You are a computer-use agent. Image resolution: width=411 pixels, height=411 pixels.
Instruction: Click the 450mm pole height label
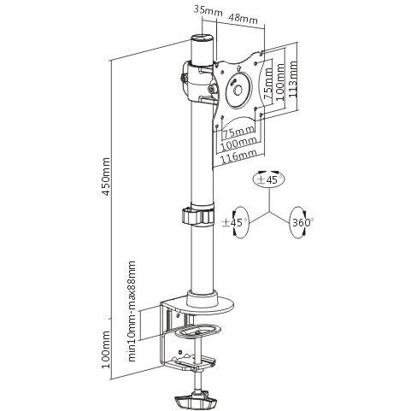(x=106, y=176)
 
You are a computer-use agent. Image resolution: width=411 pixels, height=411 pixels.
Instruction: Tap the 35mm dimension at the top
(x=205, y=10)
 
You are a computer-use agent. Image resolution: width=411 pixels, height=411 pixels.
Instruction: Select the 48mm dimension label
(x=243, y=19)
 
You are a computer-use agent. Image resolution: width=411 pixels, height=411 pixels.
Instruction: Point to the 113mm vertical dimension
(x=293, y=79)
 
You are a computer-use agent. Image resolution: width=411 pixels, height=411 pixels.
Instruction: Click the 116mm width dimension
(x=238, y=156)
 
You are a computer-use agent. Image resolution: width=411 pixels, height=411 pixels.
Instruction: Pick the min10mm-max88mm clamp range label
(x=132, y=311)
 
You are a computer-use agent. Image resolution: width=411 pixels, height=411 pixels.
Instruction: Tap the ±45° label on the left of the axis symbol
(x=235, y=222)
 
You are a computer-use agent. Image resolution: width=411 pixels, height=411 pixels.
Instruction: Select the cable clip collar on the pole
(x=197, y=216)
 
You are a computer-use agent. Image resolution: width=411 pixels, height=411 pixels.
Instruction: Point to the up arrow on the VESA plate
(x=238, y=68)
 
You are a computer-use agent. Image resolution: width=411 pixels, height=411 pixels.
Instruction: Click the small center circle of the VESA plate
(x=238, y=91)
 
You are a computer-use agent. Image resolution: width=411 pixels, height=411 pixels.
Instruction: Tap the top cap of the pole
(x=203, y=38)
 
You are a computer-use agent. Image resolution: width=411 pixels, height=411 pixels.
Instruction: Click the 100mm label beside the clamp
(x=106, y=349)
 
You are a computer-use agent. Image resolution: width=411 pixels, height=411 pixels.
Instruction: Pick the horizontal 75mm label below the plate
(x=238, y=132)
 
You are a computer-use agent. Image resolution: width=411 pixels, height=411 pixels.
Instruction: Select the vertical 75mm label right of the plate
(x=268, y=83)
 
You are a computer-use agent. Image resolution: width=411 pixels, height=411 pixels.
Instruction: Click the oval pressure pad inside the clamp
(x=197, y=331)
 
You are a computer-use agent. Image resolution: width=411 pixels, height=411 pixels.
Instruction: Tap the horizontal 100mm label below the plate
(x=239, y=143)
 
